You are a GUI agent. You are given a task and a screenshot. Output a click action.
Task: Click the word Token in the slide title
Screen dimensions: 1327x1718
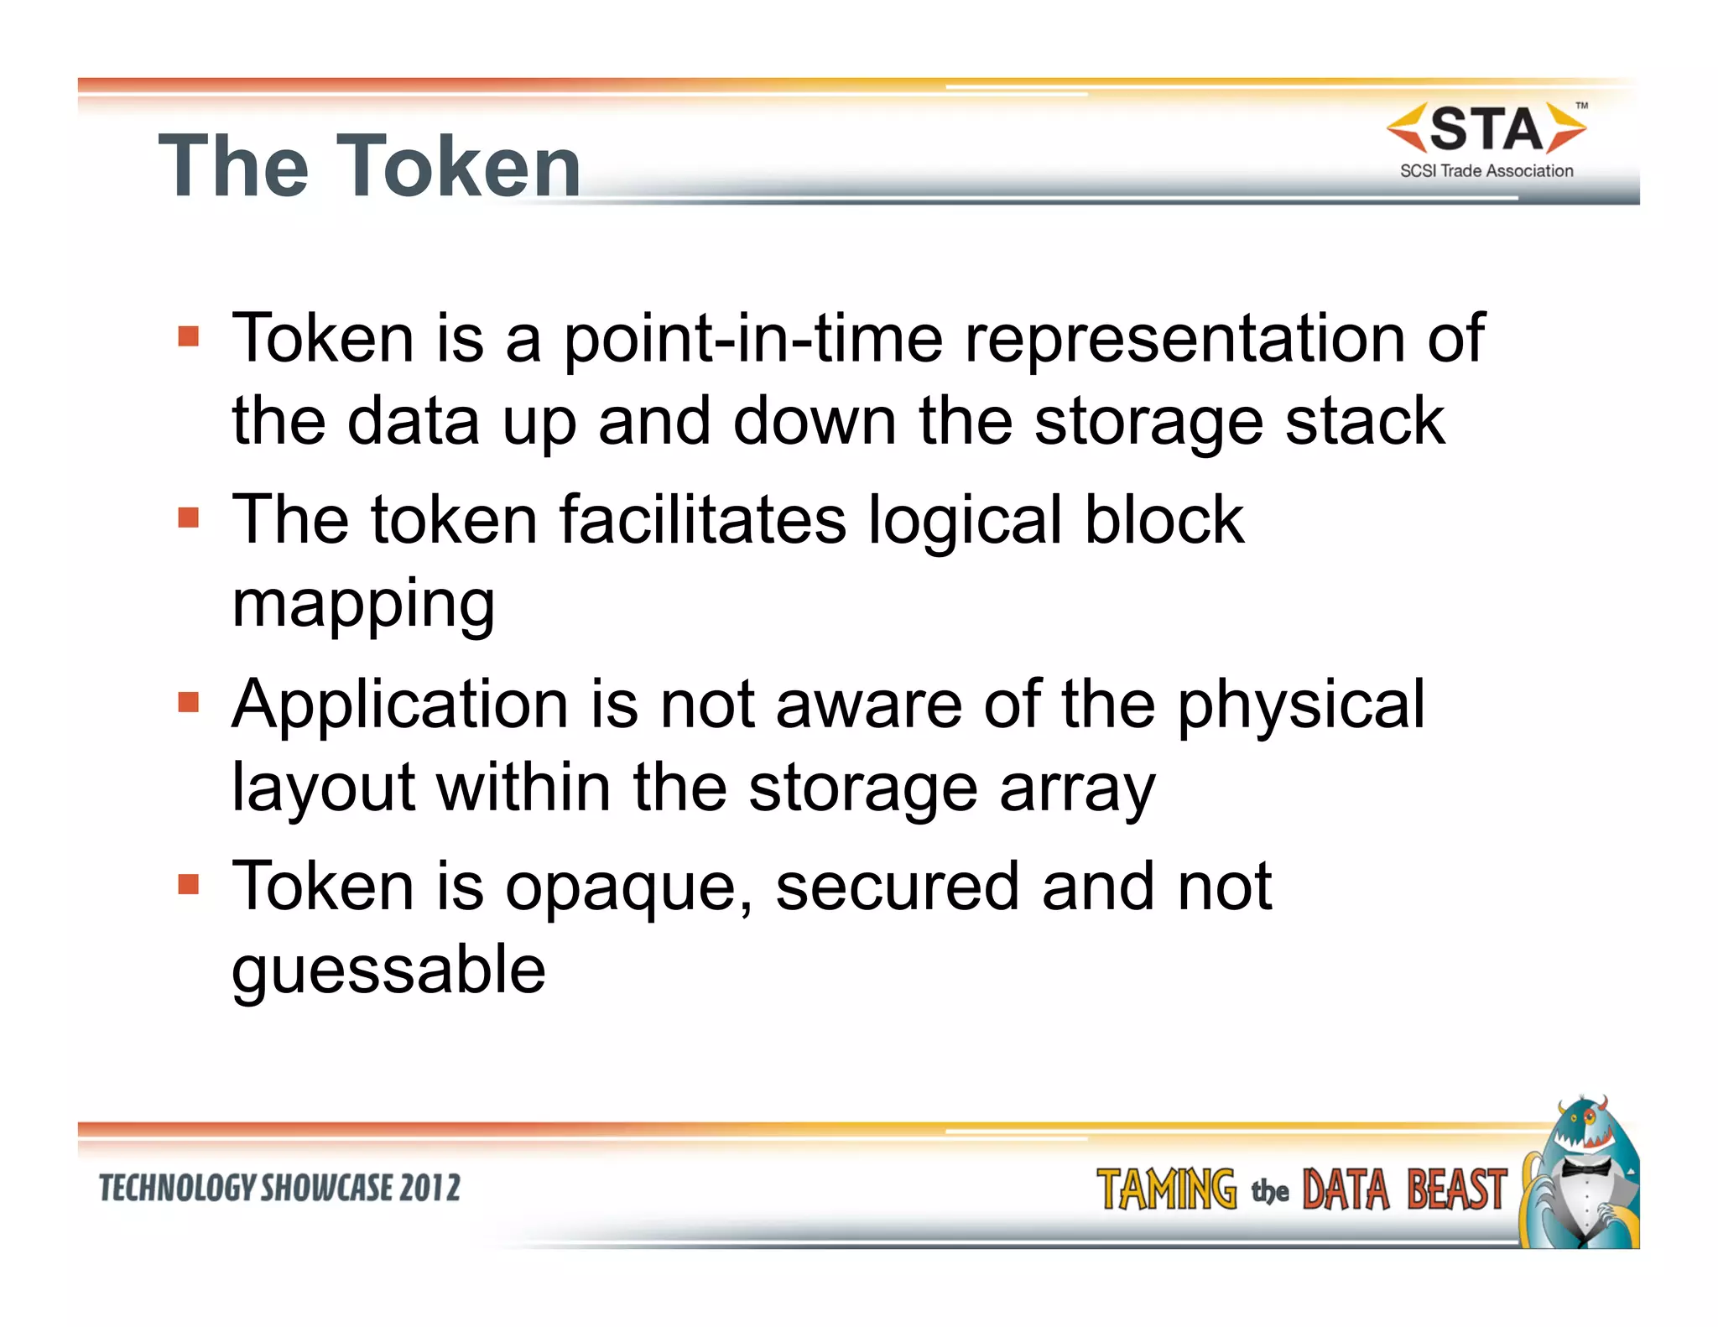click(x=459, y=168)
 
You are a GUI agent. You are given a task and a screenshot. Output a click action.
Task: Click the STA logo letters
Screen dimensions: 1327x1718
click(x=1486, y=130)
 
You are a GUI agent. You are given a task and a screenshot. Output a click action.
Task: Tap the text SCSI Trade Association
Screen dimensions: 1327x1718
click(x=1486, y=171)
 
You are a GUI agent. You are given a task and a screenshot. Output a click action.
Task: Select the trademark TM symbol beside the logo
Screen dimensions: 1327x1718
click(x=1581, y=107)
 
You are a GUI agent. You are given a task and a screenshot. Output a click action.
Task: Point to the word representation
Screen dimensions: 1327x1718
click(x=1184, y=339)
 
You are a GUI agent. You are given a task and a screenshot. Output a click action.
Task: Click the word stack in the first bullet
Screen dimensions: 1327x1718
click(x=1365, y=421)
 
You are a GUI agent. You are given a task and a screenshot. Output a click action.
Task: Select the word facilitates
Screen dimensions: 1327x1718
click(x=703, y=520)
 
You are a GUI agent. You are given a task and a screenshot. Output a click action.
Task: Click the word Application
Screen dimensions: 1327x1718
click(x=400, y=705)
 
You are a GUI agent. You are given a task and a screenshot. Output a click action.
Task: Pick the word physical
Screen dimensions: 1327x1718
click(x=1301, y=705)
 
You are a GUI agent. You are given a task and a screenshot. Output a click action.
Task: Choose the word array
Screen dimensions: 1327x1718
click(x=1077, y=788)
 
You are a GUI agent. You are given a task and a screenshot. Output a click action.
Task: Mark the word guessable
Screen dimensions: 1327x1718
click(x=388, y=970)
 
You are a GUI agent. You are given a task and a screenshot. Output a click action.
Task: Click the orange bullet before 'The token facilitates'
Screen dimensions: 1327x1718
click(x=189, y=518)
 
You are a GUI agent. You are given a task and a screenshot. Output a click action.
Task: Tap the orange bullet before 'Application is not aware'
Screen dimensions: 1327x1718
click(x=189, y=701)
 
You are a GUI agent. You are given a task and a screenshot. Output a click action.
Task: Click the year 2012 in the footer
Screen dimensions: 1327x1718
click(x=429, y=1189)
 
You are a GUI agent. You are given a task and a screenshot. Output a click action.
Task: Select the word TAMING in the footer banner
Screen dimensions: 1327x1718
click(x=1166, y=1190)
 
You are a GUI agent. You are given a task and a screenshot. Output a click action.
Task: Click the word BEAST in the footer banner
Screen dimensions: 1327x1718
click(x=1456, y=1190)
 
